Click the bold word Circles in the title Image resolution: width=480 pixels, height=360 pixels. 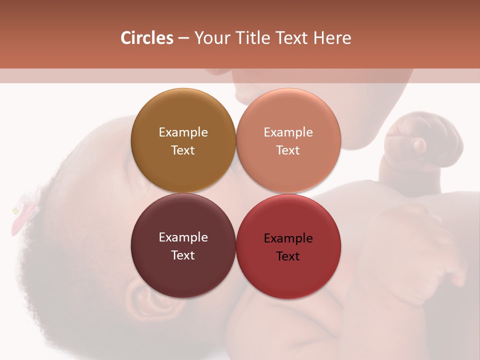point(146,38)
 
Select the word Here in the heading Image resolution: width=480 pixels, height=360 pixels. point(332,38)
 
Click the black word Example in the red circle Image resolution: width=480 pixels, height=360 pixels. point(288,238)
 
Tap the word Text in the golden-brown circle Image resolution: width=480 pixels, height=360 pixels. point(183,150)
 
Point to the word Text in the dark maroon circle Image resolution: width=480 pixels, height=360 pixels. point(183,255)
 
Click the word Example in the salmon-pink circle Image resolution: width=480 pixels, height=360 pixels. point(288,132)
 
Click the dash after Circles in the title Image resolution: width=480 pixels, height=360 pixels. point(183,38)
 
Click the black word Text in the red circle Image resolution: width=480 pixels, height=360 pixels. point(288,256)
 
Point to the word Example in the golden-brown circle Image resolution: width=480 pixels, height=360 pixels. point(183,132)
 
